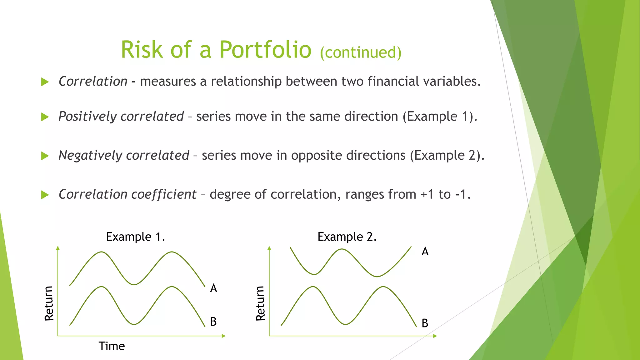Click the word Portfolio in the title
click(x=265, y=50)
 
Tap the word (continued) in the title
click(x=360, y=52)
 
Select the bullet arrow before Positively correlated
click(x=45, y=117)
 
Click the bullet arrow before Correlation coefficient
click(x=45, y=195)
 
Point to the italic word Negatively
click(x=90, y=155)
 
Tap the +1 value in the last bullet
click(x=427, y=194)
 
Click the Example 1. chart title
click(x=135, y=237)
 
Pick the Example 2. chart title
click(x=347, y=237)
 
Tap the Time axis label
click(x=112, y=346)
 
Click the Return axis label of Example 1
click(x=49, y=303)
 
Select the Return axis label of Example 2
click(x=260, y=303)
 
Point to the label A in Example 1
click(x=213, y=288)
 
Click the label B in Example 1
click(x=213, y=322)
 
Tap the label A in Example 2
click(x=425, y=252)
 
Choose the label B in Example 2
click(x=425, y=323)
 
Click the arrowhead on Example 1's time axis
click(x=223, y=336)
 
